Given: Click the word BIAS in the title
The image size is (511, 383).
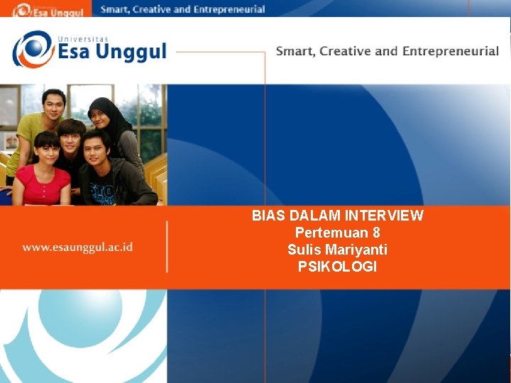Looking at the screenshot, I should (267, 216).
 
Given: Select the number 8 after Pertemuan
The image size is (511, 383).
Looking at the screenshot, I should (376, 233).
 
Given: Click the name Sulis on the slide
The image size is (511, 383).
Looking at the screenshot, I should (304, 250).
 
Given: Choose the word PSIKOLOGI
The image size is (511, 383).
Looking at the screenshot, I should (338, 267).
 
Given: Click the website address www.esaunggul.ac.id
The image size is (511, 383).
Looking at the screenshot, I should (77, 248).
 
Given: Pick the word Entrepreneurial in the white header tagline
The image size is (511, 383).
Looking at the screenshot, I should (451, 51).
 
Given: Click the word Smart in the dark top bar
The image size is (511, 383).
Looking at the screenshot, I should (116, 9).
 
